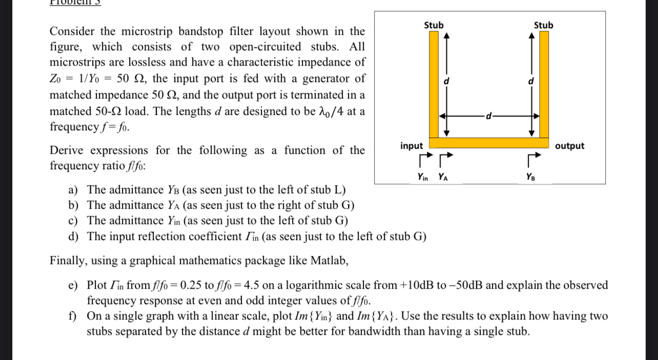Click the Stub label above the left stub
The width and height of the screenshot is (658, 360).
[434, 25]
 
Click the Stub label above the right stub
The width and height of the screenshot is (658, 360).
[543, 25]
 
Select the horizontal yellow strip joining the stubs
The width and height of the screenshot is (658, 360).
[489, 143]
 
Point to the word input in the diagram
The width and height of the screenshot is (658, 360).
[412, 146]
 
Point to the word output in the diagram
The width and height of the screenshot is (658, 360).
[569, 146]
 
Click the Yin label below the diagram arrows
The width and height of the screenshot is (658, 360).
[423, 177]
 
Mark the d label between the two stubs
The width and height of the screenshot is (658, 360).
[489, 116]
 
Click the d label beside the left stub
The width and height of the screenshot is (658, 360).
[446, 81]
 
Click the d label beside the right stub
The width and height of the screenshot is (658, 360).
[531, 81]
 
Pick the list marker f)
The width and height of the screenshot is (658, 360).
[74, 316]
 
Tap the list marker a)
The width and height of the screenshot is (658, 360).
[74, 190]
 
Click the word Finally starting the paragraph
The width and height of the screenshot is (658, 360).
[68, 261]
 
